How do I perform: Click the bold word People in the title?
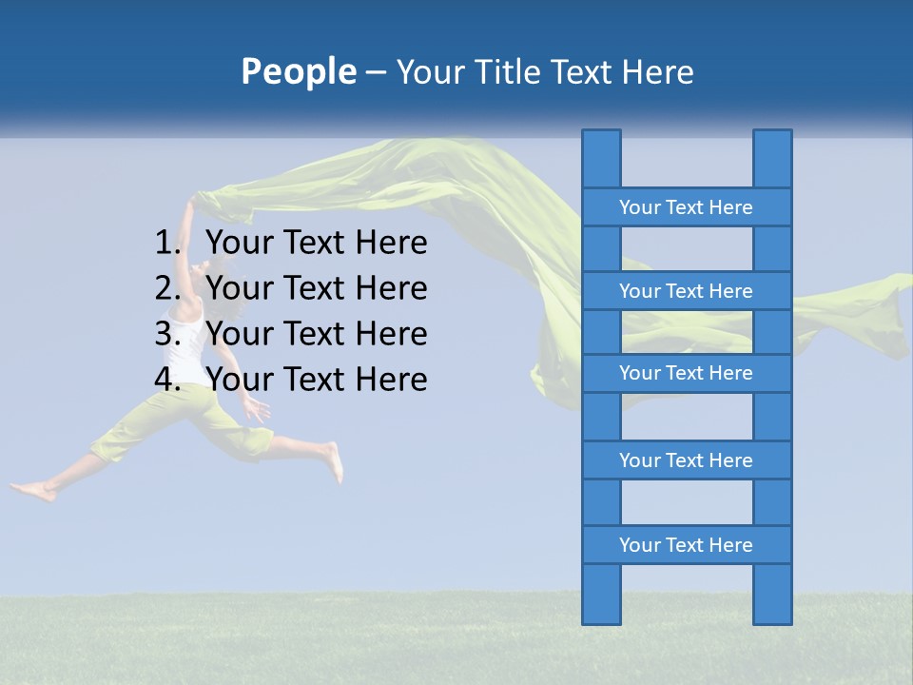pyautogui.click(x=298, y=71)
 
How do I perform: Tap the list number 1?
pyautogui.click(x=166, y=244)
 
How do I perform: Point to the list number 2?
pyautogui.click(x=166, y=288)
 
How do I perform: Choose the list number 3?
pyautogui.click(x=166, y=334)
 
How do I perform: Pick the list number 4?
pyautogui.click(x=166, y=380)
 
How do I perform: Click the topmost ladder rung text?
pyautogui.click(x=686, y=207)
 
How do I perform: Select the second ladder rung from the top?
pyautogui.click(x=686, y=291)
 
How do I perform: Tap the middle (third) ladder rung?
pyautogui.click(x=686, y=373)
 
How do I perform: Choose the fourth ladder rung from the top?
pyautogui.click(x=686, y=460)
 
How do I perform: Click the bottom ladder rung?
pyautogui.click(x=686, y=545)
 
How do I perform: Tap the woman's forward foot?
pyautogui.click(x=333, y=460)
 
